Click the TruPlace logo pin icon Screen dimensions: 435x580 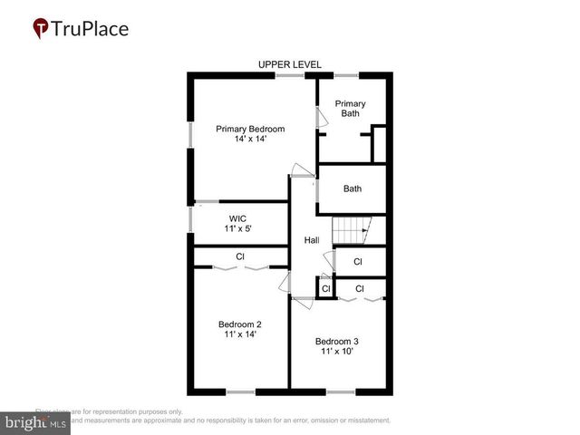click(x=41, y=28)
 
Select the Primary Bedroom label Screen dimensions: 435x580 click(x=250, y=130)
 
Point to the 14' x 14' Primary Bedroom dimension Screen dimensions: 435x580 click(x=250, y=140)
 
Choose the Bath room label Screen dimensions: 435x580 click(x=353, y=188)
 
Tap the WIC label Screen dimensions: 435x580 click(x=237, y=218)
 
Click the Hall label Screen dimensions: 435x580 click(x=312, y=240)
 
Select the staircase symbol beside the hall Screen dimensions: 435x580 click(x=350, y=231)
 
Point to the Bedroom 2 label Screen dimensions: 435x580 click(x=240, y=324)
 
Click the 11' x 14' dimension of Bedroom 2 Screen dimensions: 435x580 click(x=240, y=334)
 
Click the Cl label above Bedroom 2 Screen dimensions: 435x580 click(x=240, y=256)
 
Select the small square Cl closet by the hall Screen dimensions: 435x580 click(x=325, y=289)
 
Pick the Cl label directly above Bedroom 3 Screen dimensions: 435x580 click(x=360, y=289)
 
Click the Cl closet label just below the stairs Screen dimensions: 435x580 click(x=358, y=262)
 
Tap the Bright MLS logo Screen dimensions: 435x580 click(x=36, y=422)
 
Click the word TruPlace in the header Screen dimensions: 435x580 click(x=91, y=28)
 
